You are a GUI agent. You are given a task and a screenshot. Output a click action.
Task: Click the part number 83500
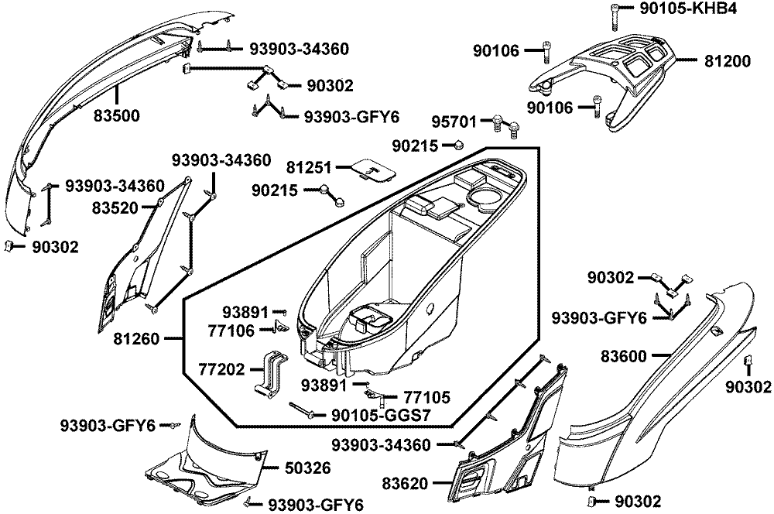pyautogui.click(x=118, y=116)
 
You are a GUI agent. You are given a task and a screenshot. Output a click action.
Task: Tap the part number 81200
pyautogui.click(x=727, y=60)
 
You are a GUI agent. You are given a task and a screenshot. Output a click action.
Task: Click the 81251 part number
pyautogui.click(x=309, y=166)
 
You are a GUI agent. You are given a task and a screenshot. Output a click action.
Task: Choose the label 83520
pyautogui.click(x=115, y=207)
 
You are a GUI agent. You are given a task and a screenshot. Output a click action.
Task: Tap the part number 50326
pyautogui.click(x=296, y=468)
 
